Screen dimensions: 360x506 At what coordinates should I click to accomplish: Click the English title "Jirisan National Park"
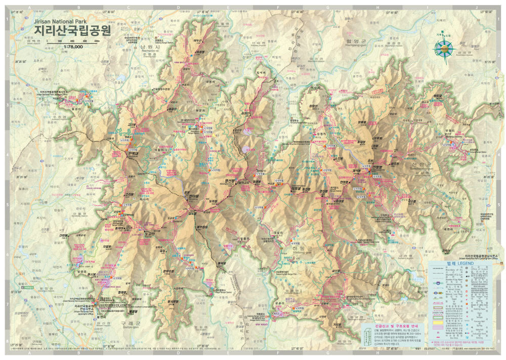pos(60,22)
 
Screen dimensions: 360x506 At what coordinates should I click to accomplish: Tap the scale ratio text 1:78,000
pos(72,46)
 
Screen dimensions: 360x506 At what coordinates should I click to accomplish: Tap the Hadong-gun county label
pos(280,242)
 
